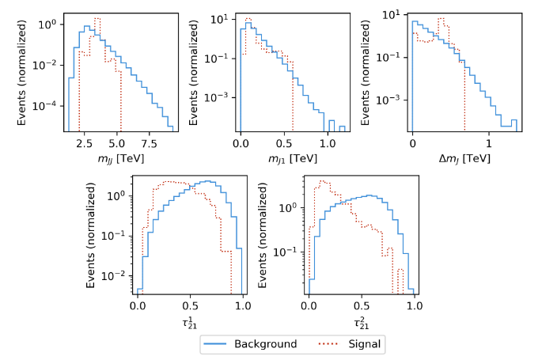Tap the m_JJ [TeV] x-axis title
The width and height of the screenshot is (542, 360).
[116, 159]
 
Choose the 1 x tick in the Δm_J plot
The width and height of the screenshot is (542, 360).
[490, 144]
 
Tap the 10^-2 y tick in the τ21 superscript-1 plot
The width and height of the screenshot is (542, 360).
[118, 275]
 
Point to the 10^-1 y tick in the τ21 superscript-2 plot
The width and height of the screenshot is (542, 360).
[289, 252]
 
